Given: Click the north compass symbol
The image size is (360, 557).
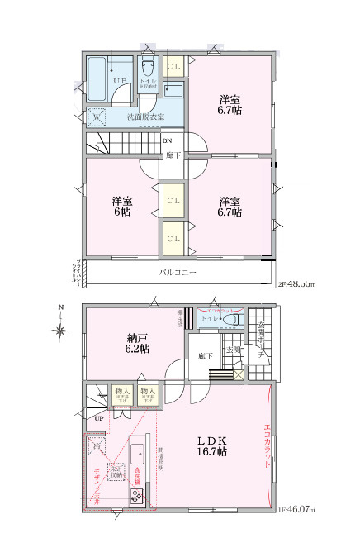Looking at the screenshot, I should point(59,331).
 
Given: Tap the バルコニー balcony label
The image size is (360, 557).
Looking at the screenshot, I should point(177,272).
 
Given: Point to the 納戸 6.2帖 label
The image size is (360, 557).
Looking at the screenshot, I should point(138,344).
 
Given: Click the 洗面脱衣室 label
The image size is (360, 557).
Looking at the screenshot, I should point(144,117).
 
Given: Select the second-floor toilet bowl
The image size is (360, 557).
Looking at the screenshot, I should point(149,64).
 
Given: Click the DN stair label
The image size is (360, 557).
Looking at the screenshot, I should point(167,140).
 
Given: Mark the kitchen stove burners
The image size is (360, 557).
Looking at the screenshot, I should point(136,495).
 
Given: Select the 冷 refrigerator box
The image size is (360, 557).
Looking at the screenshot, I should point(97,446).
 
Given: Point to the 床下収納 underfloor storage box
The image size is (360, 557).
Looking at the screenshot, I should point(116,472).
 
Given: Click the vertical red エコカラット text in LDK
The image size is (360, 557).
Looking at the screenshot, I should point(267,446).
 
